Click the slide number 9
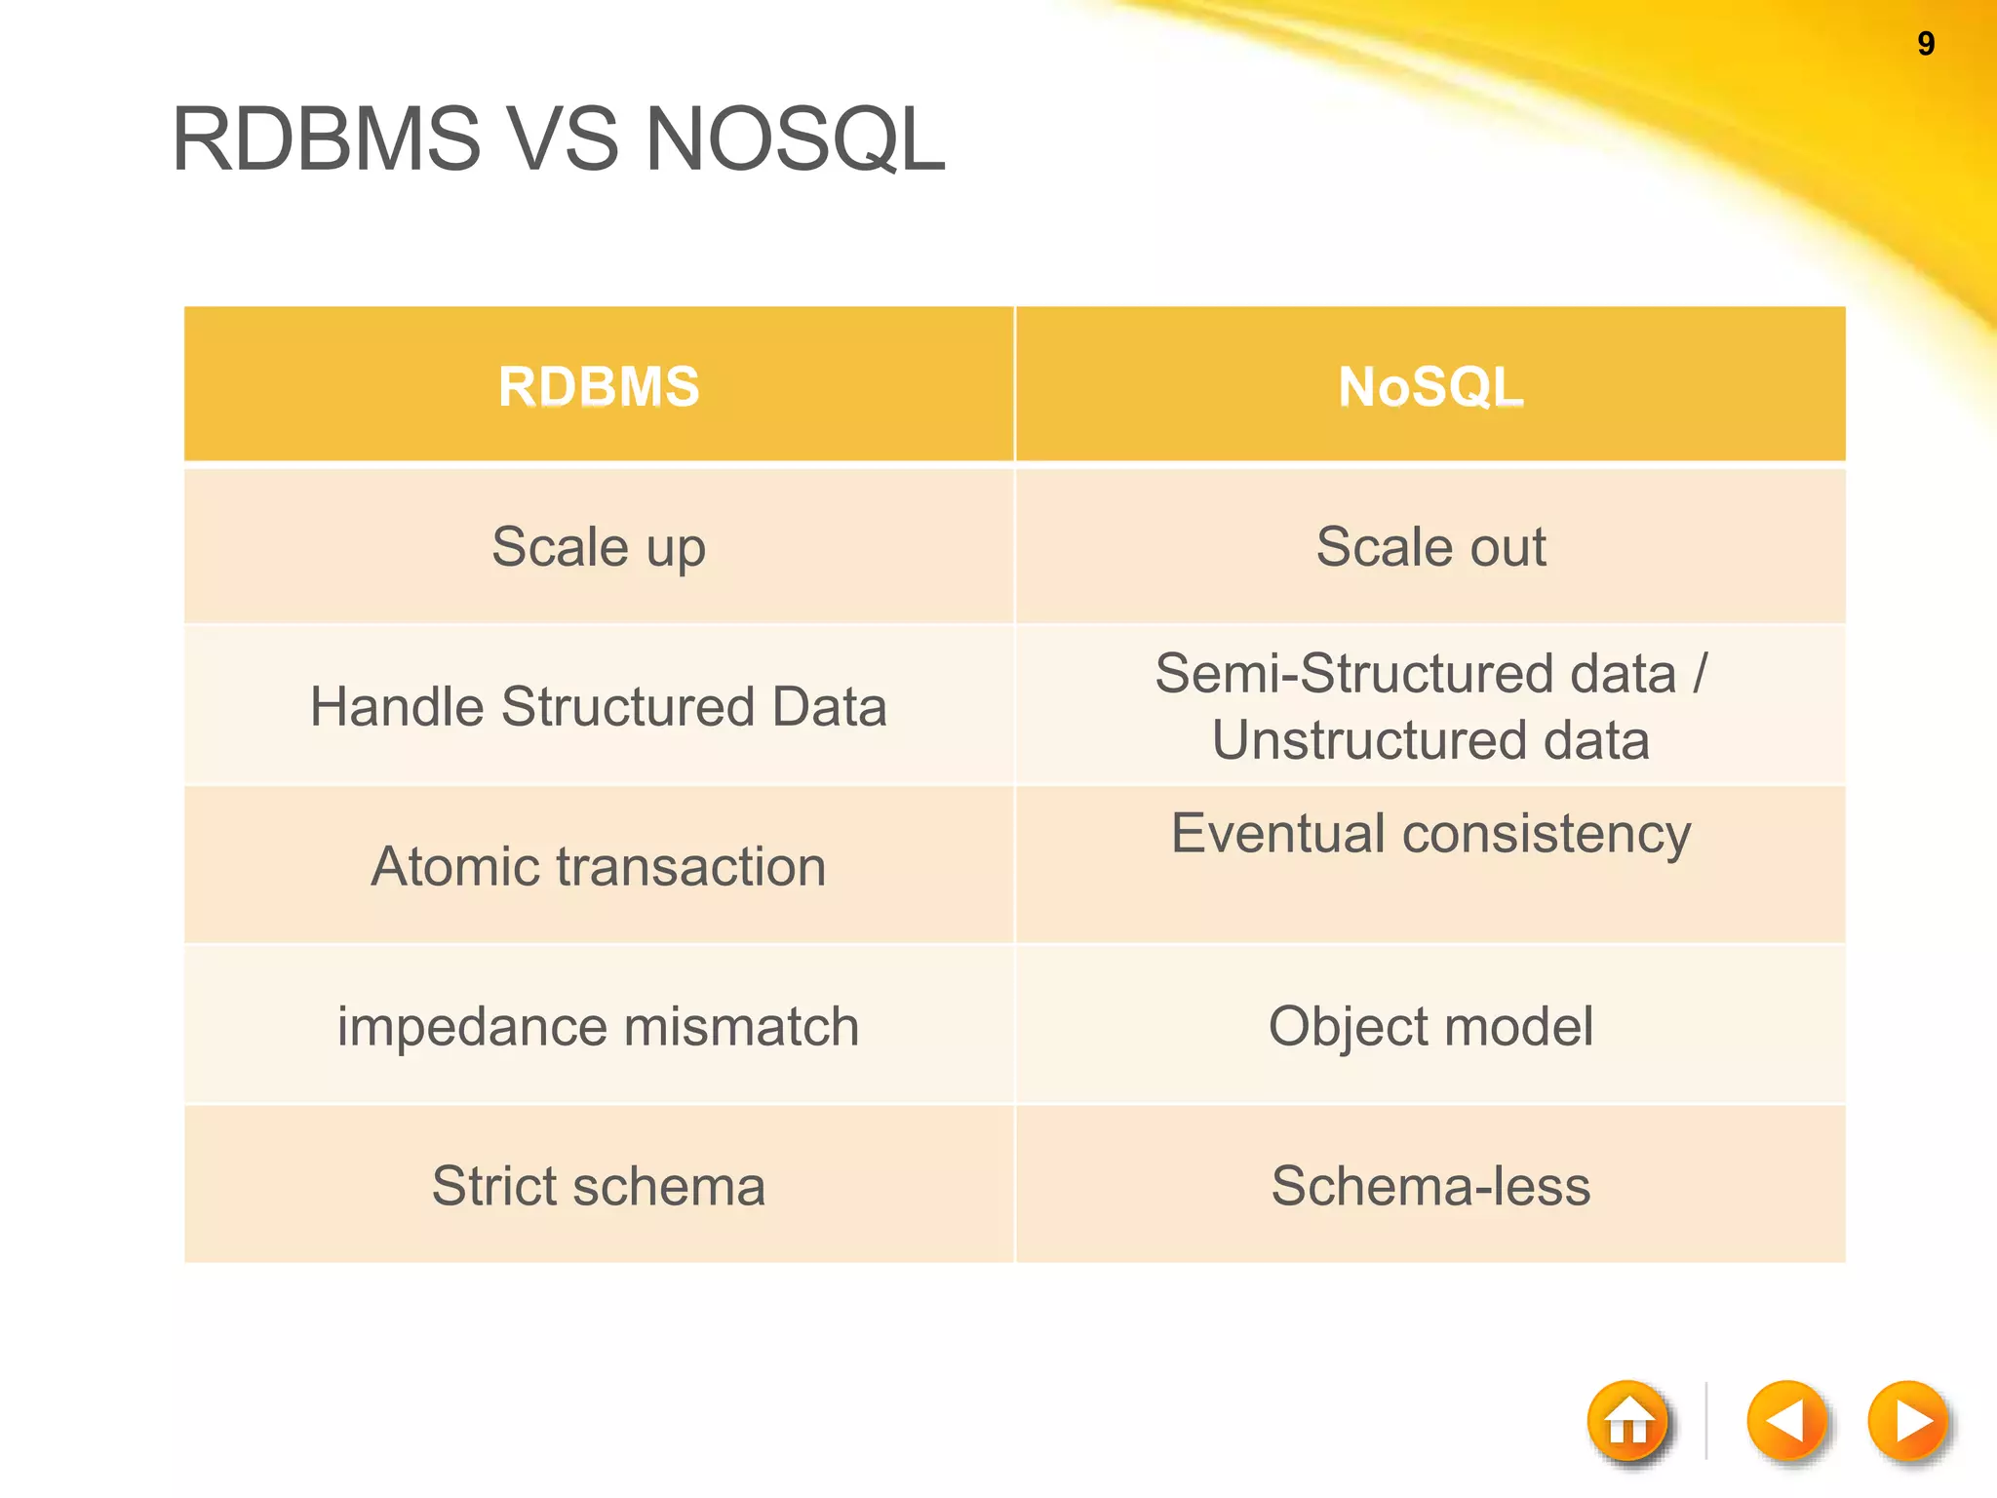[1925, 44]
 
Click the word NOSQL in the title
[795, 139]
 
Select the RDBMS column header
[599, 386]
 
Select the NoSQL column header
[1430, 386]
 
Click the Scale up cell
[599, 547]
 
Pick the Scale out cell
[1430, 547]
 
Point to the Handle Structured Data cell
[599, 707]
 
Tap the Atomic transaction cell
[599, 867]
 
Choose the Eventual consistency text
[1430, 835]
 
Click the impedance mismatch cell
[599, 1027]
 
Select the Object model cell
[1430, 1027]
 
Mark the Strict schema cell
[599, 1187]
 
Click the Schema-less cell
[1430, 1187]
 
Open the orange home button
[1628, 1422]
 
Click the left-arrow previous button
[1786, 1421]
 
